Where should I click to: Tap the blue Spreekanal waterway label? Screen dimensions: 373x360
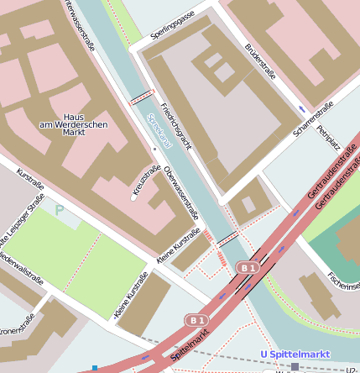click(x=159, y=131)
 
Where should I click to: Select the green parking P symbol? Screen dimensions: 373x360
click(x=59, y=210)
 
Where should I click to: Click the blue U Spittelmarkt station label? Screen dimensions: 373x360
click(x=295, y=354)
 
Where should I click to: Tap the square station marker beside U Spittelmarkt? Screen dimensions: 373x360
click(x=295, y=366)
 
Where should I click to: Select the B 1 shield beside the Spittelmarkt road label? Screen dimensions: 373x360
click(x=196, y=320)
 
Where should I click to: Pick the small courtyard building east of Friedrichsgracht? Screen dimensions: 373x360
click(x=248, y=204)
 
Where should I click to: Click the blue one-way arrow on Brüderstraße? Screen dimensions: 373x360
click(x=301, y=108)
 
